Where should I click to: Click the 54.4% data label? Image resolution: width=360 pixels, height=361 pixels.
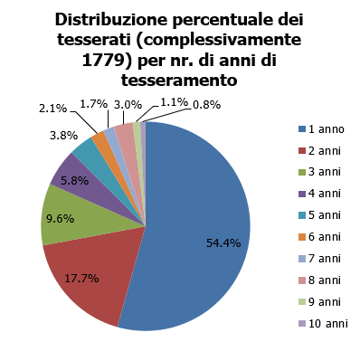pyautogui.click(x=223, y=242)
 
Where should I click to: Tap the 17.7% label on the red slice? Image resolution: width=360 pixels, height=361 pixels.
pyautogui.click(x=81, y=279)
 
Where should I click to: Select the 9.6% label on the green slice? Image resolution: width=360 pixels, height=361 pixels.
pyautogui.click(x=61, y=219)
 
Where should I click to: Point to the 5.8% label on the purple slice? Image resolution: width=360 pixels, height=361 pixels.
pyautogui.click(x=74, y=181)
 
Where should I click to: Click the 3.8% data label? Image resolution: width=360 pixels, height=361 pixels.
pyautogui.click(x=64, y=136)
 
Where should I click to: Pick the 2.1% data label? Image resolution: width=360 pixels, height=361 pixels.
pyautogui.click(x=52, y=109)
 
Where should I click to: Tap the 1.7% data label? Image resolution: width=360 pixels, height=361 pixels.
pyautogui.click(x=94, y=104)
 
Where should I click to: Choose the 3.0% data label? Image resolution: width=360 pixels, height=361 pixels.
pyautogui.click(x=128, y=105)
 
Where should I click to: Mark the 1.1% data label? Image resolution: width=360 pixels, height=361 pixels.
pyautogui.click(x=174, y=102)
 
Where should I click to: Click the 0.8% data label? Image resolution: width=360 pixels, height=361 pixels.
pyautogui.click(x=207, y=105)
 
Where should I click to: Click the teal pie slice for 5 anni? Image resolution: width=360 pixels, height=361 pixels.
pyautogui.click(x=88, y=149)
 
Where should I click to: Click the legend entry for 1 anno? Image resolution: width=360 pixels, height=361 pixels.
pyautogui.click(x=321, y=129)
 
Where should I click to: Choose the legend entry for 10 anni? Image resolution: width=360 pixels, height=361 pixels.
pyautogui.click(x=323, y=324)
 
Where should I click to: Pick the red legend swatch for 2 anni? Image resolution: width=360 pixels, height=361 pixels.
pyautogui.click(x=302, y=151)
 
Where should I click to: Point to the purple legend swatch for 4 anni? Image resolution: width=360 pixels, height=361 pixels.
pyautogui.click(x=302, y=195)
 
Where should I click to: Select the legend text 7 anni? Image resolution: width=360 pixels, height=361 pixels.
pyautogui.click(x=325, y=259)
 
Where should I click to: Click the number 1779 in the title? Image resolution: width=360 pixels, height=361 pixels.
pyautogui.click(x=102, y=61)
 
